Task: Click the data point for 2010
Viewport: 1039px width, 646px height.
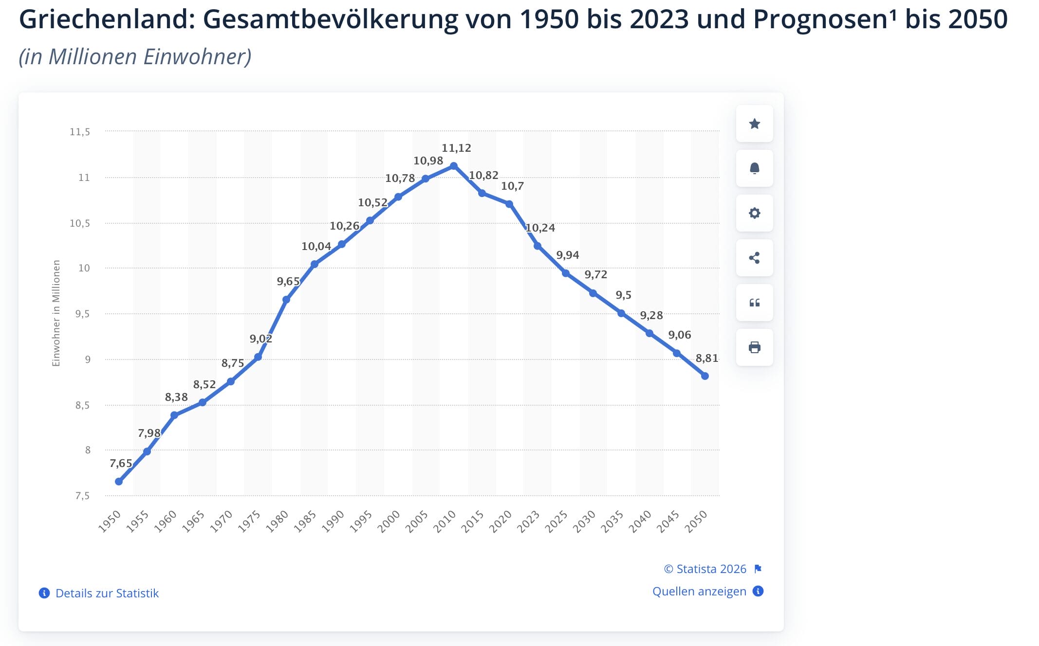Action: (454, 166)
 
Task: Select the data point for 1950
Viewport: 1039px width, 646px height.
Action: (119, 482)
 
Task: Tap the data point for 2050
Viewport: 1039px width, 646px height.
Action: (705, 376)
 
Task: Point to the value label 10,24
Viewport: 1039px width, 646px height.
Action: (540, 228)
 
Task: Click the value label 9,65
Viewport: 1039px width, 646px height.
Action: (288, 281)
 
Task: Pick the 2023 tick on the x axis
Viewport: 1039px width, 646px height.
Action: (528, 521)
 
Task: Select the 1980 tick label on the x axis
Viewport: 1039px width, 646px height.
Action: (277, 521)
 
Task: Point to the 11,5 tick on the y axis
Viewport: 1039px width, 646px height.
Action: (80, 132)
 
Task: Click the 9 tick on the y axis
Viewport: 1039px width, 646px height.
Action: (88, 359)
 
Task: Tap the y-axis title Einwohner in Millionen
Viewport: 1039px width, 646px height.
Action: (56, 313)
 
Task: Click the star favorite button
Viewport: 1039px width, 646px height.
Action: (754, 124)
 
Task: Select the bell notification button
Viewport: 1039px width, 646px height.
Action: (754, 169)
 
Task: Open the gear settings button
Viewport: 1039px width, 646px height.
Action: (754, 213)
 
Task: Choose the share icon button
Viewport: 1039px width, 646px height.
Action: (754, 258)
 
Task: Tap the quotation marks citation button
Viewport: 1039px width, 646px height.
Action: (754, 303)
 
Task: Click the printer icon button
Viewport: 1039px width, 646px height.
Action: (754, 347)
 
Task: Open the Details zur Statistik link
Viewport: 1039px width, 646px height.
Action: (107, 593)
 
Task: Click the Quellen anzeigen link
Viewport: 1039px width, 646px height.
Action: (699, 591)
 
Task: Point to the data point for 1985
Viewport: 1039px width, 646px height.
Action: (315, 264)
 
